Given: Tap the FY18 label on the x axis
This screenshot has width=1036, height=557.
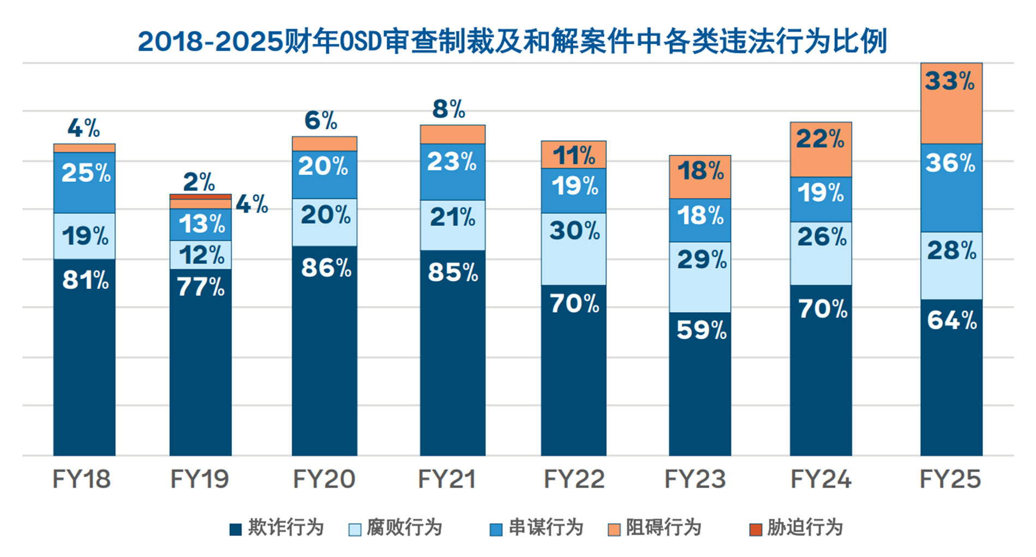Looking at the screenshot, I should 81,480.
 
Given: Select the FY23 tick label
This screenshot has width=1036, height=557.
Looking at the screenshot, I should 694,480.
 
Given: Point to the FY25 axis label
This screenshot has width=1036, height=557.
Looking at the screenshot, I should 950,480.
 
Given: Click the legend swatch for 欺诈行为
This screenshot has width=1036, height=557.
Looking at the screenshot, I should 236,529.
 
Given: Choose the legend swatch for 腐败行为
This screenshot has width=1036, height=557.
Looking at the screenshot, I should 355,529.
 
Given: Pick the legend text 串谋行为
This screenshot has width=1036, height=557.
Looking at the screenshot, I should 546,528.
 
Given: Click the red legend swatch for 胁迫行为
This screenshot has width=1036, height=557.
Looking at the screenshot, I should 756,529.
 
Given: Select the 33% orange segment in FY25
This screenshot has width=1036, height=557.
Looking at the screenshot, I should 951,104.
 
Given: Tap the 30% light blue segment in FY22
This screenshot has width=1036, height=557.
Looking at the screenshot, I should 573,249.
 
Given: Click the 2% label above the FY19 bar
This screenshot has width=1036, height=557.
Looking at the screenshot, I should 199,182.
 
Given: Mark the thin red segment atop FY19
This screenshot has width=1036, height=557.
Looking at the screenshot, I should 200,197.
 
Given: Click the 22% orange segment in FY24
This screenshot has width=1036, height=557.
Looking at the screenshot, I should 821,150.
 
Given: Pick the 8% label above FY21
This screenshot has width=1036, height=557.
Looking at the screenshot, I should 448,109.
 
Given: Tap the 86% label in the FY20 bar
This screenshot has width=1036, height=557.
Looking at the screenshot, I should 326,268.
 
